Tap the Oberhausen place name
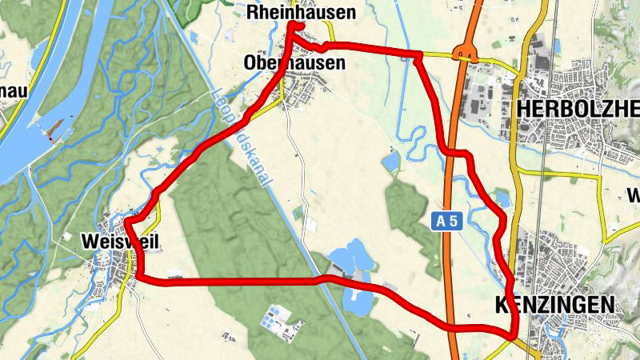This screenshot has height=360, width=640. (295, 62)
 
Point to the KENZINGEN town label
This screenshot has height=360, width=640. (554, 305)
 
